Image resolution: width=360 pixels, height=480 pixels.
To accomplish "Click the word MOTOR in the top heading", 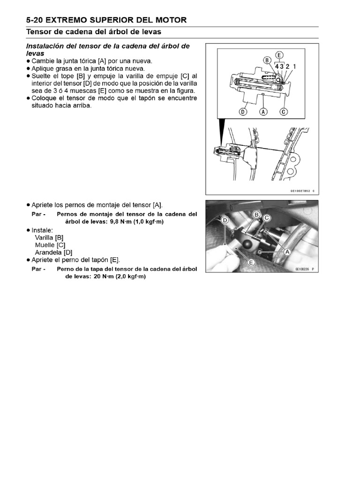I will [x=170, y=20].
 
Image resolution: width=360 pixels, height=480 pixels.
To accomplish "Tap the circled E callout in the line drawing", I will [x=280, y=54].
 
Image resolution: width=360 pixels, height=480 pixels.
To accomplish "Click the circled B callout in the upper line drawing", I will [x=267, y=60].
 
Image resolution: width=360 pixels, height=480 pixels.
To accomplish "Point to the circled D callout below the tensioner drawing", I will [x=242, y=112].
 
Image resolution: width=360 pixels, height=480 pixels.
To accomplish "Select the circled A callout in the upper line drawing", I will [x=263, y=112].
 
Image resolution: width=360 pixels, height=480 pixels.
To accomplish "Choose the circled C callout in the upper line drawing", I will [x=283, y=112].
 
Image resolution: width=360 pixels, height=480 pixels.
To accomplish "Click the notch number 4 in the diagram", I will [x=277, y=67].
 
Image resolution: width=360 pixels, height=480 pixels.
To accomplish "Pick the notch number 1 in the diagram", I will [x=294, y=67].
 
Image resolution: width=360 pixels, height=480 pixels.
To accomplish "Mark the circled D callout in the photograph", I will [x=225, y=220].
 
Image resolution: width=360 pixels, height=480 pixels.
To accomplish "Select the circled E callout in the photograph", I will [x=251, y=262].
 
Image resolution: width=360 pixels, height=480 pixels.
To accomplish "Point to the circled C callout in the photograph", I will [x=267, y=218].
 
